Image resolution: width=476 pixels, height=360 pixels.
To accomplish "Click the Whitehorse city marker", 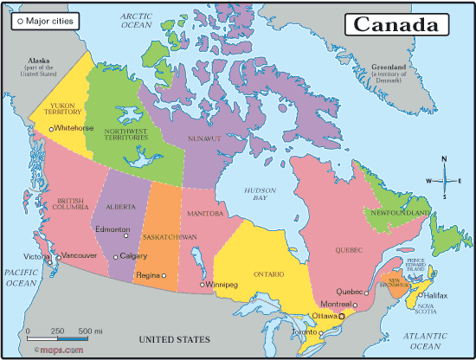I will (51, 129).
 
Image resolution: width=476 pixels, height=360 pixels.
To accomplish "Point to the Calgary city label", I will (133, 256).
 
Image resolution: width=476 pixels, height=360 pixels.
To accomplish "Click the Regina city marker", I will (163, 275).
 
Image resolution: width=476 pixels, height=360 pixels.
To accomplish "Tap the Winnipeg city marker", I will (202, 284).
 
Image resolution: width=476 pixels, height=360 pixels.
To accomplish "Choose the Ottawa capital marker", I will (341, 317).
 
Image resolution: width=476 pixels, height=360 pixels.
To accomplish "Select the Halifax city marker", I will (421, 295).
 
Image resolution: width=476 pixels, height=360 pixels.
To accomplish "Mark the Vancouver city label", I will (80, 256).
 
